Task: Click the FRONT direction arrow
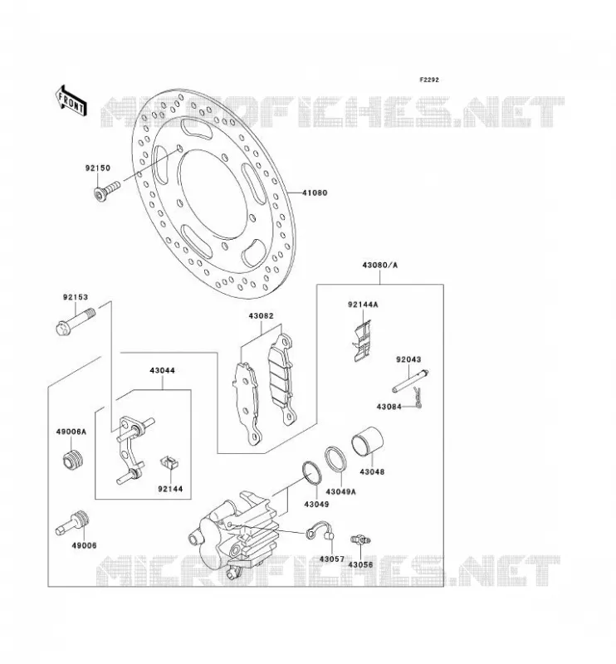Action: [x=71, y=101]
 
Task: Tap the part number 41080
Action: [x=315, y=193]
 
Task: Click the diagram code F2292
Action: [x=429, y=80]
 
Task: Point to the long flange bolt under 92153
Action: [x=76, y=321]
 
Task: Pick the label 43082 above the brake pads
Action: [x=261, y=316]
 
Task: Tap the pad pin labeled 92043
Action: [x=410, y=381]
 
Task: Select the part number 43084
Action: [x=389, y=407]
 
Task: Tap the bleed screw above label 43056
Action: [x=360, y=539]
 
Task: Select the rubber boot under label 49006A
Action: [x=72, y=459]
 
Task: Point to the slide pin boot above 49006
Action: [x=73, y=523]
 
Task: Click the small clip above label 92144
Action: [x=169, y=462]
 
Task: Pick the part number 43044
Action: [x=162, y=370]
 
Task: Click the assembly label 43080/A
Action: [x=380, y=266]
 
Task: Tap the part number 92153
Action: [x=76, y=297]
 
